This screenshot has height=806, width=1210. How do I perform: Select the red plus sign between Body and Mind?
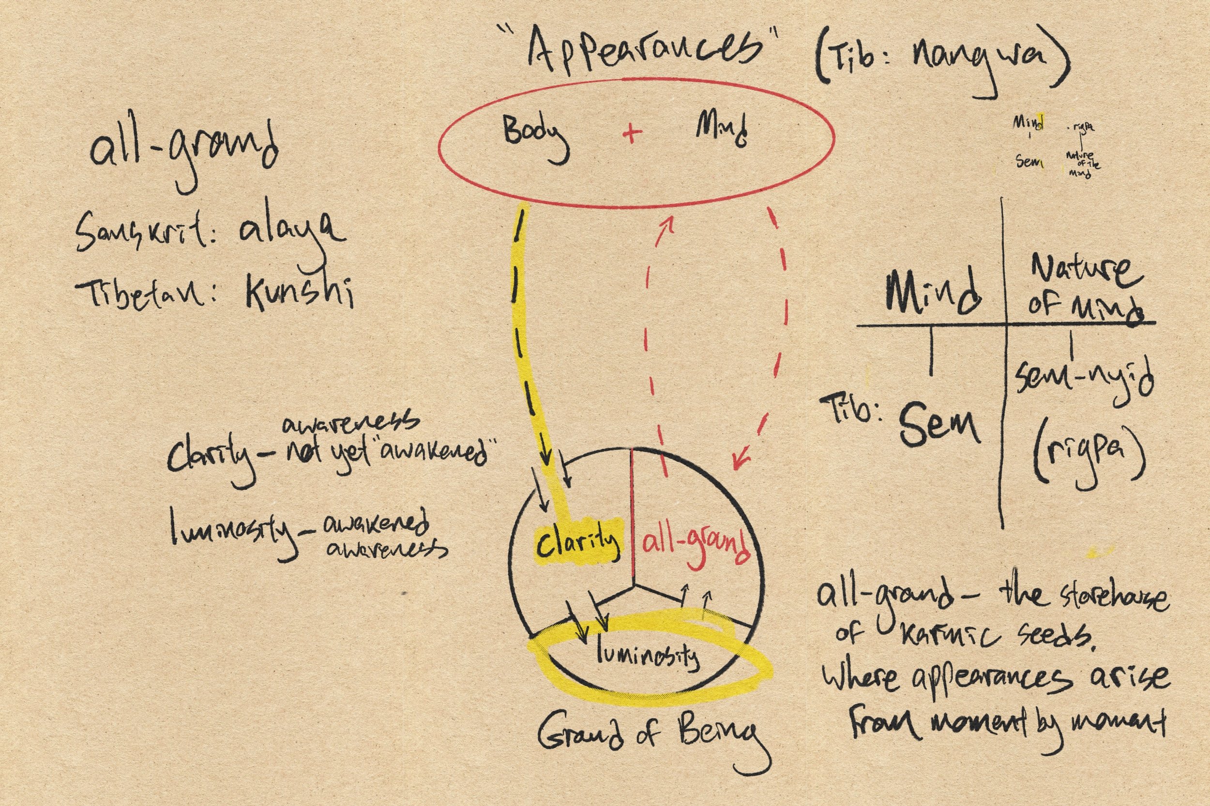[632, 133]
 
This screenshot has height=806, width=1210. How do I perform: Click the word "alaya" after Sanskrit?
[290, 231]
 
